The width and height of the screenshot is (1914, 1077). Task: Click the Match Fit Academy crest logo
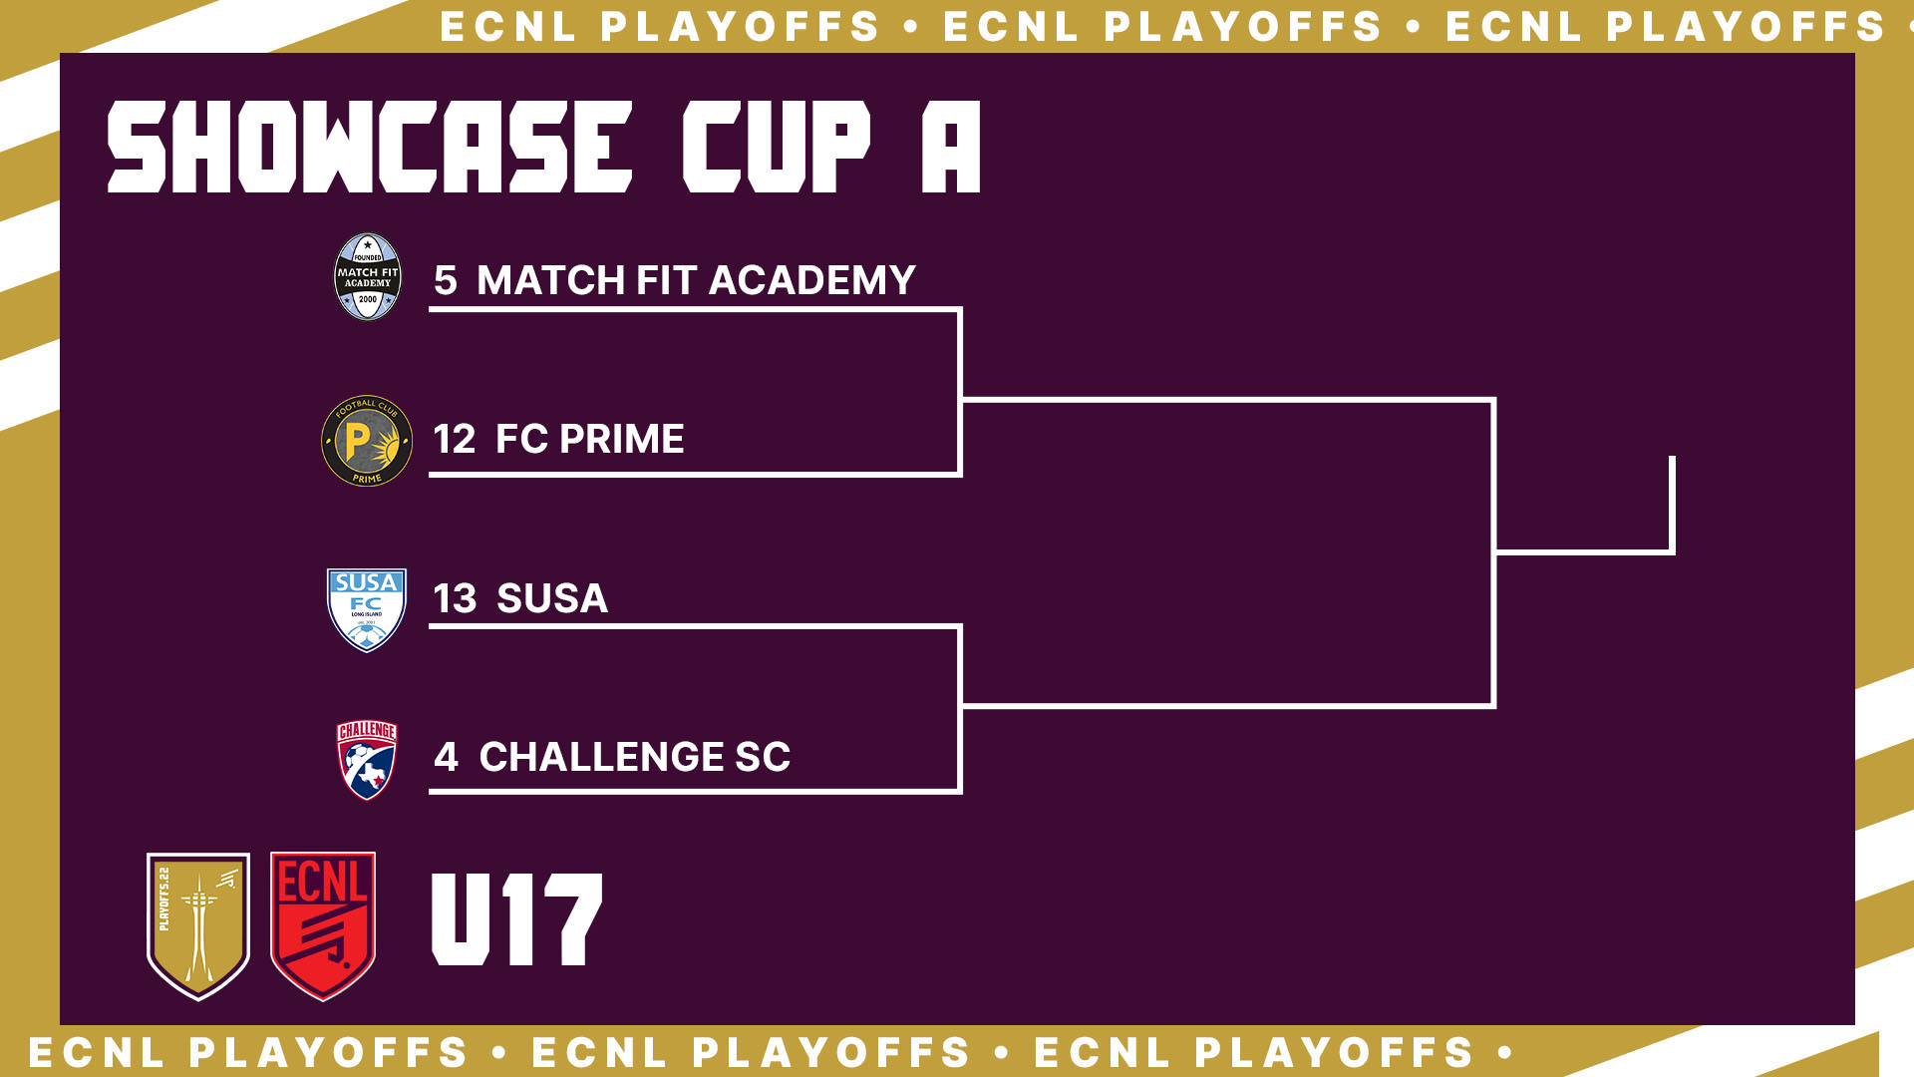coord(367,277)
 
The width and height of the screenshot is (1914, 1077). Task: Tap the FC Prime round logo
coord(367,441)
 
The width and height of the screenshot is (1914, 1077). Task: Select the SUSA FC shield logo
coord(367,609)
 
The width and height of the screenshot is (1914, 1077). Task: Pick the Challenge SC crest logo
coord(367,760)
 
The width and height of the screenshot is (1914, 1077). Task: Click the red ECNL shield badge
coord(323,925)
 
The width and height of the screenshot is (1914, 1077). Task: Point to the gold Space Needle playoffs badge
coord(198,925)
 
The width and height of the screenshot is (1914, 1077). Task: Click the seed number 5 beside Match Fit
coord(445,280)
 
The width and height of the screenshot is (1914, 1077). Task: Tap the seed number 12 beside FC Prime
coord(455,439)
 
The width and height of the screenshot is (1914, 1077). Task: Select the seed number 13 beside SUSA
coord(455,598)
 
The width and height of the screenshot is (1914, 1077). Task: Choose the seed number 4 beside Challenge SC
coord(446,757)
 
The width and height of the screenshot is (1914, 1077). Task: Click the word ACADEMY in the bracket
coord(812,280)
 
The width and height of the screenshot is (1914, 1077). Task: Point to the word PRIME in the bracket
coord(621,439)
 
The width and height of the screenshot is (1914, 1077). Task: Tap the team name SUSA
coord(552,598)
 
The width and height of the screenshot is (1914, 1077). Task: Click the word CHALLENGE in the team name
coord(602,757)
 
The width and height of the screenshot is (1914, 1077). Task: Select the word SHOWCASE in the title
coord(370,147)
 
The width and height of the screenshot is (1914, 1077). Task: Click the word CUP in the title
coord(777,147)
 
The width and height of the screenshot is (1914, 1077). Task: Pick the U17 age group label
coord(517,919)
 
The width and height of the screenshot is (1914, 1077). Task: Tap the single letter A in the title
coord(951,147)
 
